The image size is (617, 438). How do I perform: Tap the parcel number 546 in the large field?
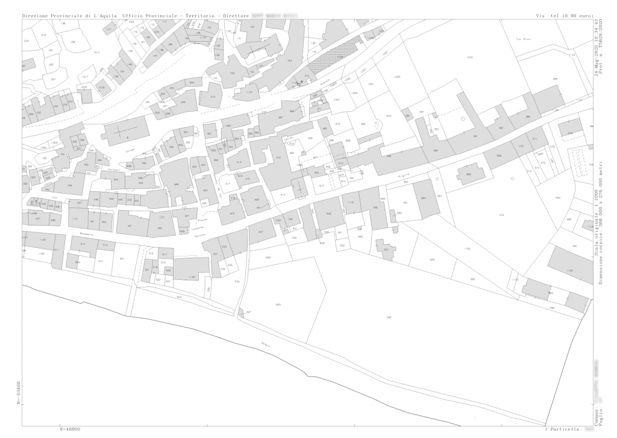[x=389, y=317]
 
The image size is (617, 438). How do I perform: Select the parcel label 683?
[x=278, y=305]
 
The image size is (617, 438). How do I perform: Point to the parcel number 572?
[x=501, y=215]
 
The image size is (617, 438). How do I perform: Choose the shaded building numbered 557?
[x=386, y=248]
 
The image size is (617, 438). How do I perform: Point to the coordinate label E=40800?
[x=70, y=430]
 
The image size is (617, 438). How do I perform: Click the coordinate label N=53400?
[x=19, y=393]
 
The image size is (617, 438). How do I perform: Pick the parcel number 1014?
[x=96, y=52]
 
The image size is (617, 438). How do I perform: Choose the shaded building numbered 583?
[x=550, y=293]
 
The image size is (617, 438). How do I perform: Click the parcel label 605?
[x=432, y=259]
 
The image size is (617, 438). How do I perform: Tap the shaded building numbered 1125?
[x=570, y=271]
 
